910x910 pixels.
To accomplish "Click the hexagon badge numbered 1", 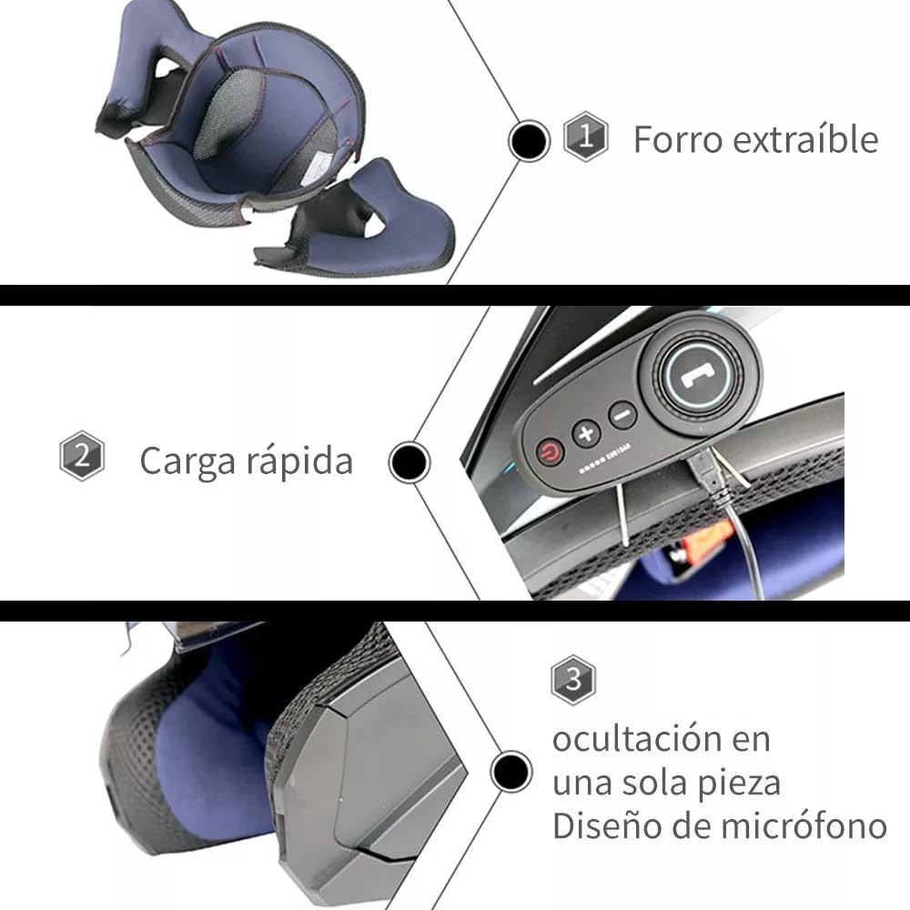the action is [585, 136].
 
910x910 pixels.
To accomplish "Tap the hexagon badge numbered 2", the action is [82, 456].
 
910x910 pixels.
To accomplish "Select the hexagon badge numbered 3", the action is [572, 679].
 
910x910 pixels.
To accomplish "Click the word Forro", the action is [677, 140].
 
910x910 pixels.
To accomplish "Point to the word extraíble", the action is [806, 140].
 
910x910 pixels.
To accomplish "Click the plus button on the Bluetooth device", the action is [586, 432].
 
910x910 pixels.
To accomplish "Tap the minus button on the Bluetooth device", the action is [622, 416].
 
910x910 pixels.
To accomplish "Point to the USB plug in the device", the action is [708, 473].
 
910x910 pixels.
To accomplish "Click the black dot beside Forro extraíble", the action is [529, 141].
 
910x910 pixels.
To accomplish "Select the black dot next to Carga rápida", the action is [409, 462].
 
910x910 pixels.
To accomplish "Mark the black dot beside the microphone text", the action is [511, 772].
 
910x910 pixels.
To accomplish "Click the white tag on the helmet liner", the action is [318, 170].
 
